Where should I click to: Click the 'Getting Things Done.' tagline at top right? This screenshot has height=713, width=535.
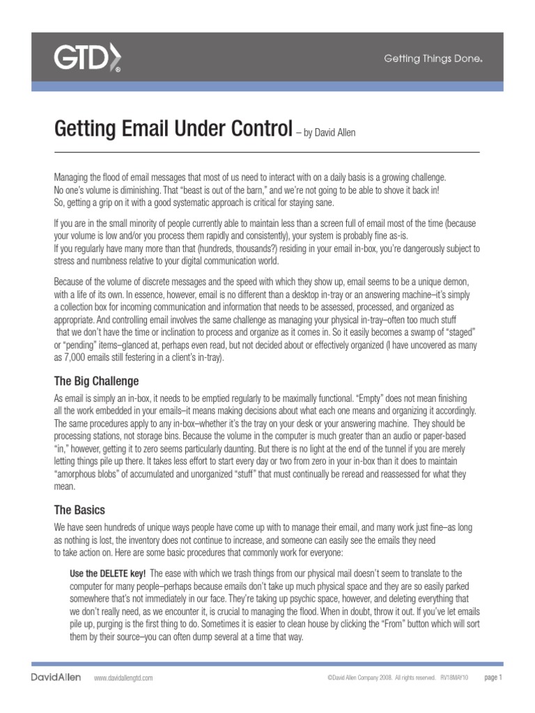(433, 59)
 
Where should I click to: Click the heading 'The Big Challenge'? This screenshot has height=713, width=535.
(96, 381)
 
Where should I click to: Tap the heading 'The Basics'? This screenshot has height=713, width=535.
(79, 510)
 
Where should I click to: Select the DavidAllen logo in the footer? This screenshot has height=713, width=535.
(56, 677)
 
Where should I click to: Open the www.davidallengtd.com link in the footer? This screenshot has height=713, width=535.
(123, 677)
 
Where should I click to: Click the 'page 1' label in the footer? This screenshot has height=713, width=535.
(493, 677)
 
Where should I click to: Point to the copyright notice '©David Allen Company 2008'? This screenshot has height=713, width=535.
(363, 677)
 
